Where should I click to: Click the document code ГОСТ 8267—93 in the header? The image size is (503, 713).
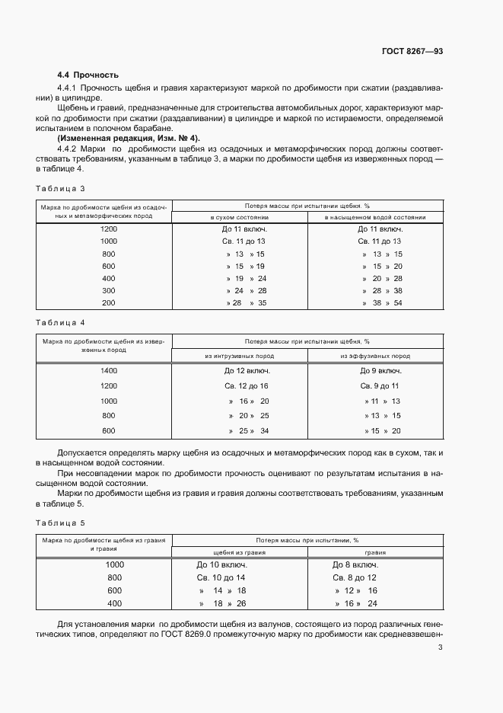point(412,51)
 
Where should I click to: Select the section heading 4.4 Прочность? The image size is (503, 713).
point(88,75)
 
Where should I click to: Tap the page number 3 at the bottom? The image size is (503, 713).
point(441,647)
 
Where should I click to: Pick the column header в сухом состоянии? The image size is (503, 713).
point(239,217)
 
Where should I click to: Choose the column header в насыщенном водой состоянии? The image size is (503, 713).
point(375,217)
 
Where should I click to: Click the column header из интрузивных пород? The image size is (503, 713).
point(239,356)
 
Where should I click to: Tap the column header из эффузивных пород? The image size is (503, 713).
point(375,356)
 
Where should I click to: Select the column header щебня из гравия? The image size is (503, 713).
point(239,553)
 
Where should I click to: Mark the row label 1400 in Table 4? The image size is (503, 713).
point(109,371)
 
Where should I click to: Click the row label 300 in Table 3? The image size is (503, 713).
point(109,290)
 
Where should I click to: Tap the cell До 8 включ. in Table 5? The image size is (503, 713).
point(355,565)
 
